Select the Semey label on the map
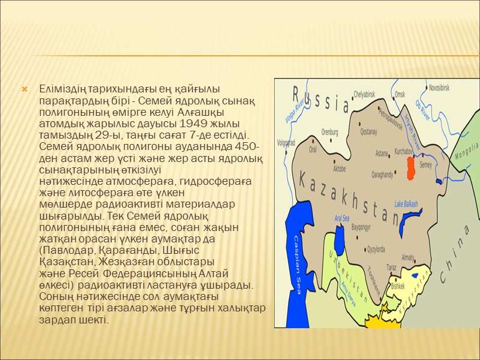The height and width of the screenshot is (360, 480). [x=426, y=164]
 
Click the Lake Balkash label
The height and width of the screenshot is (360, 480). [x=406, y=203]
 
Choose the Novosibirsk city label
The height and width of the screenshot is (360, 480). [x=447, y=88]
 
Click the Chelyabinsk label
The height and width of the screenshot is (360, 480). [x=364, y=94]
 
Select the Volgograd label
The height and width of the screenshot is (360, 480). [x=286, y=143]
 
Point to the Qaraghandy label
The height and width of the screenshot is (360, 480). [x=382, y=175]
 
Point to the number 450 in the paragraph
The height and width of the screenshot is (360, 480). [x=247, y=148]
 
